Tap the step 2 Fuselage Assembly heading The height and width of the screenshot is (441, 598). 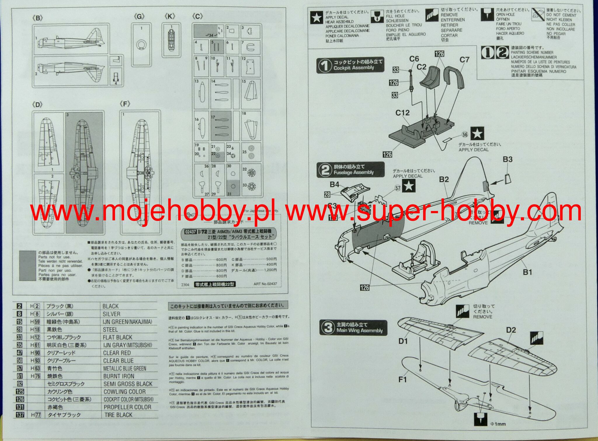(x=350, y=170)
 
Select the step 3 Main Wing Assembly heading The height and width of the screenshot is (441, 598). (x=353, y=328)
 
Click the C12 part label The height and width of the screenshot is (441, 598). (x=402, y=113)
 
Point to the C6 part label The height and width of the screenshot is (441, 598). (x=414, y=59)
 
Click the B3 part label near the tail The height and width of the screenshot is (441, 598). (x=507, y=159)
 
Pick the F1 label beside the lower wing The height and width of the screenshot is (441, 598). (x=402, y=379)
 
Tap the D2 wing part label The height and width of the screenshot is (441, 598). (x=511, y=330)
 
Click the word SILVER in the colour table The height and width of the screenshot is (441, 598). (x=111, y=314)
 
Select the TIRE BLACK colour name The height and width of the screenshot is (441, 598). (x=118, y=415)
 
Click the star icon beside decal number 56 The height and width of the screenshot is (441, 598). (x=477, y=133)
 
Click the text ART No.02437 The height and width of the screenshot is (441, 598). (x=265, y=284)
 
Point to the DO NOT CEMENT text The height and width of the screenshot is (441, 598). (x=561, y=15)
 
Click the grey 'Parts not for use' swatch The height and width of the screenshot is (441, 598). (x=27, y=265)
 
